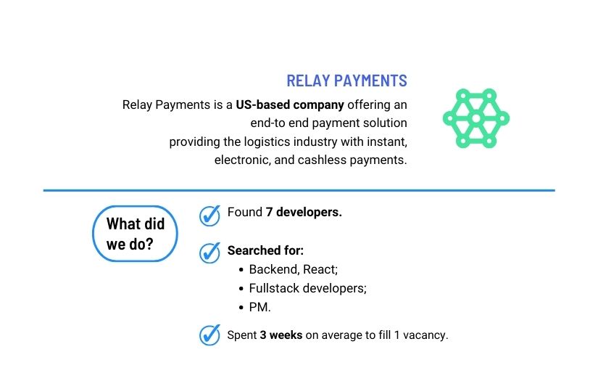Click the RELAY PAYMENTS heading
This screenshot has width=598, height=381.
(346, 81)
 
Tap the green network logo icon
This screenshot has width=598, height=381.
(476, 118)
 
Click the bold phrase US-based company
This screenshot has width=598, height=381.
(290, 105)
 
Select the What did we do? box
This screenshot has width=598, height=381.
(135, 234)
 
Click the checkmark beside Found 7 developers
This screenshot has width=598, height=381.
(209, 216)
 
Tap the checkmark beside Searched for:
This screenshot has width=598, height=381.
(209, 253)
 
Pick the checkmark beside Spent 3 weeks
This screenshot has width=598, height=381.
(209, 335)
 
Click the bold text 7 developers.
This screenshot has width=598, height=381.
(304, 213)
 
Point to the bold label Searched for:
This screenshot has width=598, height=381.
(265, 250)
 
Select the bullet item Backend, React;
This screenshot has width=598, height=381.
(293, 269)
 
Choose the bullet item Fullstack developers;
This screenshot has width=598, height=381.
(307, 288)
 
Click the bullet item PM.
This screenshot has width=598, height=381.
(259, 307)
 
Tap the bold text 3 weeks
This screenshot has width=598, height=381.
(281, 335)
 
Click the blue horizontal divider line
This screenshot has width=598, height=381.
(299, 190)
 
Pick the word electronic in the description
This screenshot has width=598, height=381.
(241, 160)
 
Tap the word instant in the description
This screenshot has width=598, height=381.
(386, 142)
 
